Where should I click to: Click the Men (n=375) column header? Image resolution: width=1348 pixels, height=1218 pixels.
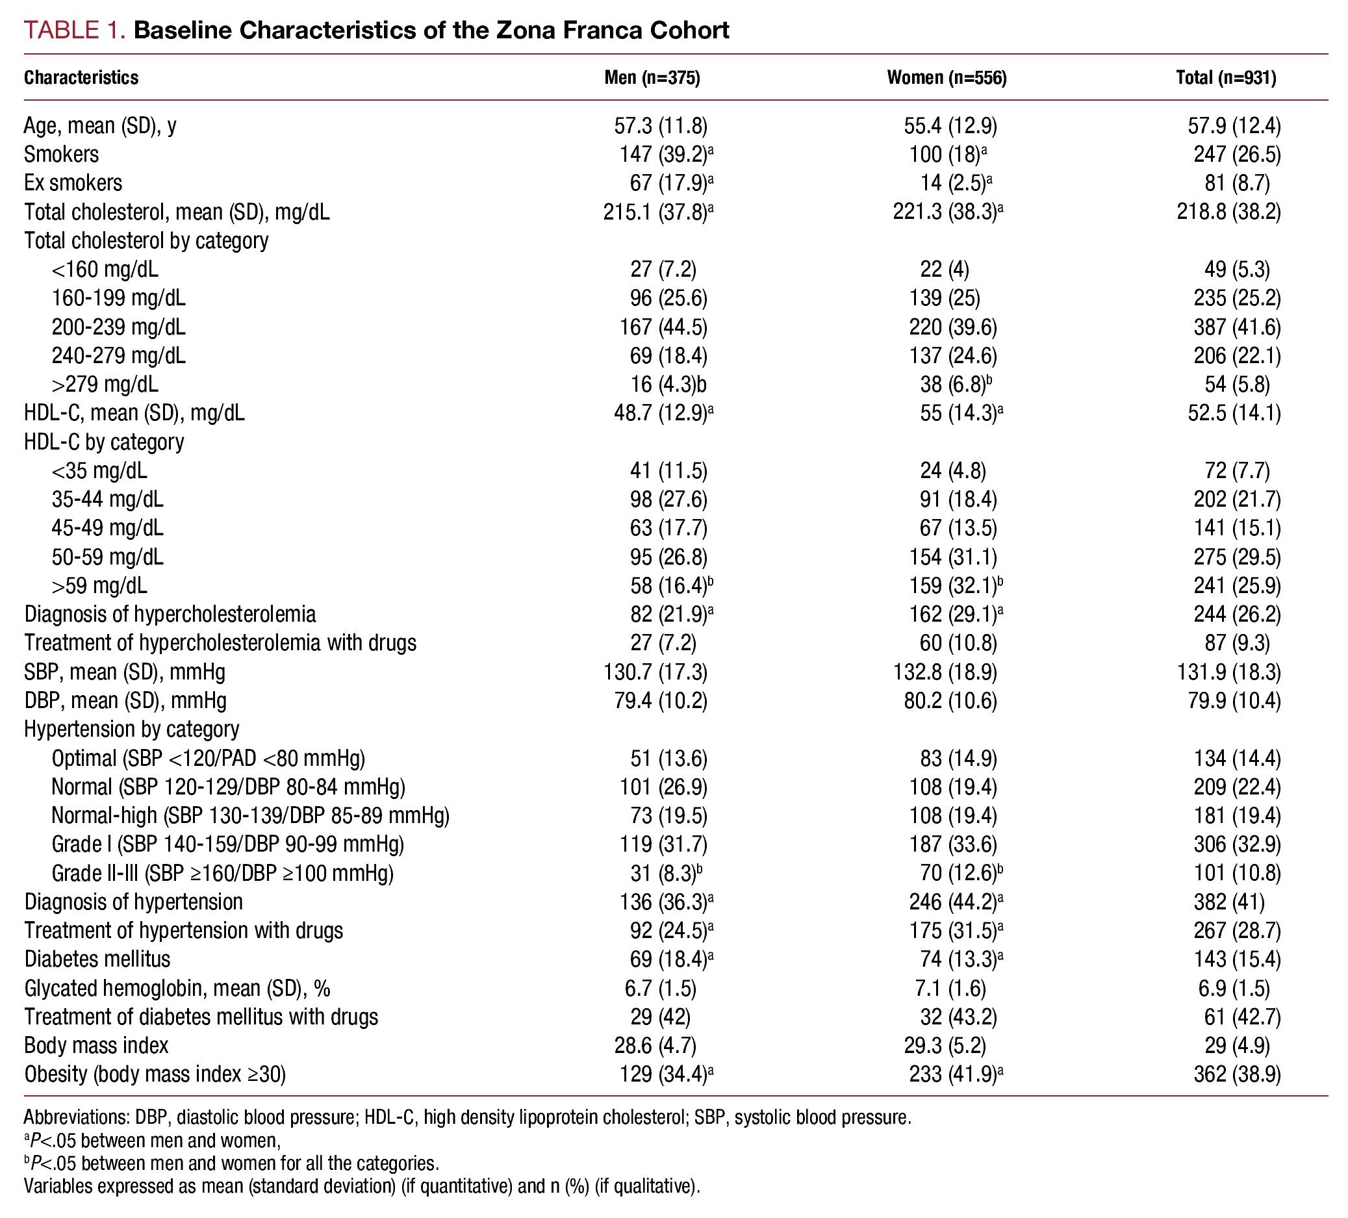pyautogui.click(x=652, y=78)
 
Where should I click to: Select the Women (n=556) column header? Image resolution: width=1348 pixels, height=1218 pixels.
pyautogui.click(x=946, y=78)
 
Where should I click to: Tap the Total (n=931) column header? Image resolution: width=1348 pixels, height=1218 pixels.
pyautogui.click(x=1226, y=78)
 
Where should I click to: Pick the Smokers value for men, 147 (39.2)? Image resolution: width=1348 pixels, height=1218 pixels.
pyautogui.click(x=663, y=155)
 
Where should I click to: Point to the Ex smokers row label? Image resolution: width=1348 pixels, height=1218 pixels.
pyautogui.click(x=73, y=183)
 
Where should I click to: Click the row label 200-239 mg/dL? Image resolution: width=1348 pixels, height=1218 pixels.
pyautogui.click(x=118, y=327)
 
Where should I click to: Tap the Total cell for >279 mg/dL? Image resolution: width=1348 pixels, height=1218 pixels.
pyautogui.click(x=1237, y=385)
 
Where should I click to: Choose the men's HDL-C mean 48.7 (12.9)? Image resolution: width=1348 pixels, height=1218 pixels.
pyautogui.click(x=660, y=413)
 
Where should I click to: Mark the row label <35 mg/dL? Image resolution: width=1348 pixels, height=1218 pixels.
pyautogui.click(x=99, y=470)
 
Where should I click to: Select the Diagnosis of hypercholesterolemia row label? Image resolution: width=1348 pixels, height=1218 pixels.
pyautogui.click(x=170, y=615)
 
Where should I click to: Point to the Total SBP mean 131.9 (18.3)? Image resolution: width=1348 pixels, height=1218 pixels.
pyautogui.click(x=1229, y=672)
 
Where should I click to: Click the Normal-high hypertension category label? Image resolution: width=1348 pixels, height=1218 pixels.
pyautogui.click(x=250, y=815)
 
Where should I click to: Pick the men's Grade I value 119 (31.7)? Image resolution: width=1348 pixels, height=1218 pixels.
pyautogui.click(x=663, y=844)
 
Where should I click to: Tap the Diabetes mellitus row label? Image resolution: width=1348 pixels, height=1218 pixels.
pyautogui.click(x=97, y=959)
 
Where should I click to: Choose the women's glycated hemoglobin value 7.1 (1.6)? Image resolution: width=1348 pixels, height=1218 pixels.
pyautogui.click(x=944, y=988)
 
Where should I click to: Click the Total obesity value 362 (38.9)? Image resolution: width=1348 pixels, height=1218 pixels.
pyautogui.click(x=1237, y=1074)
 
